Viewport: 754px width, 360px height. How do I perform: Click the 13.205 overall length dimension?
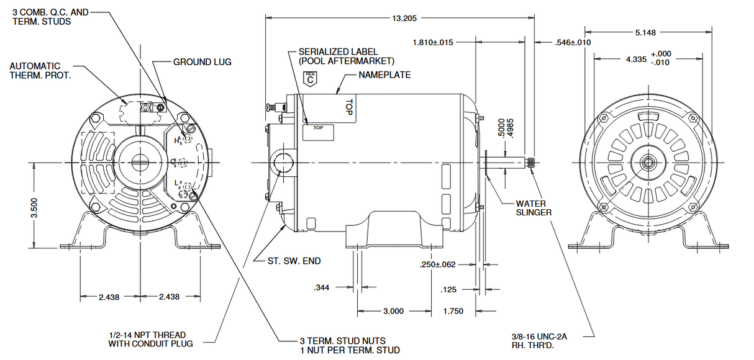[404, 18]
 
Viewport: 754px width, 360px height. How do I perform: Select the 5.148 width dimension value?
[645, 33]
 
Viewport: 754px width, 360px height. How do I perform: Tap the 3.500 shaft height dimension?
[34, 207]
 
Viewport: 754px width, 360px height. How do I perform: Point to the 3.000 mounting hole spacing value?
[393, 311]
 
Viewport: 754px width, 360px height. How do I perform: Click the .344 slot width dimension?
[321, 287]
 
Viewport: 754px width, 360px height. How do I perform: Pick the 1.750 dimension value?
[453, 311]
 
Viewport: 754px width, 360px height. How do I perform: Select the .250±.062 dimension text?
[437, 265]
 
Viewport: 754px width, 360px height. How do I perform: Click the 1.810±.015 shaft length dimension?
[433, 43]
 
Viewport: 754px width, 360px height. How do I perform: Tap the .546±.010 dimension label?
[573, 43]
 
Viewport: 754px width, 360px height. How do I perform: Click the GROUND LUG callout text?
[202, 62]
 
